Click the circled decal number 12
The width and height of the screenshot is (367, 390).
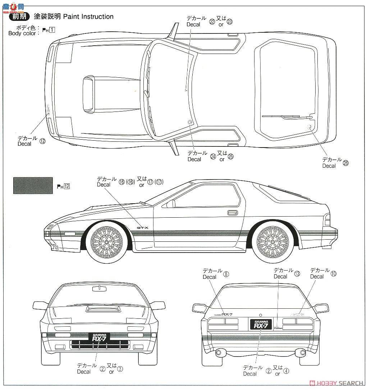[x=42, y=141]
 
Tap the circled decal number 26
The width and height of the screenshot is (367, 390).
[x=346, y=163]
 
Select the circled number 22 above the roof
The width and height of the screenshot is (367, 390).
[x=212, y=21]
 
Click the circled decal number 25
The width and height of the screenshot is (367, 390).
[x=230, y=156]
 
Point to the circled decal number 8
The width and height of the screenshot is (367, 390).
[x=226, y=274]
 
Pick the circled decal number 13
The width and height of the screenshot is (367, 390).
[x=297, y=273]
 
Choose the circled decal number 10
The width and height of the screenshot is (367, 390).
[x=334, y=273]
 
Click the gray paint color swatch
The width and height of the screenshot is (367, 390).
[x=33, y=185]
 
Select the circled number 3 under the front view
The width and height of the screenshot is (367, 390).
[x=120, y=369]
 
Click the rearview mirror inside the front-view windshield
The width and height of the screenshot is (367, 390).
[x=97, y=288]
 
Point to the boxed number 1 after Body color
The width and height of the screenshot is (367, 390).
[x=52, y=30]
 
